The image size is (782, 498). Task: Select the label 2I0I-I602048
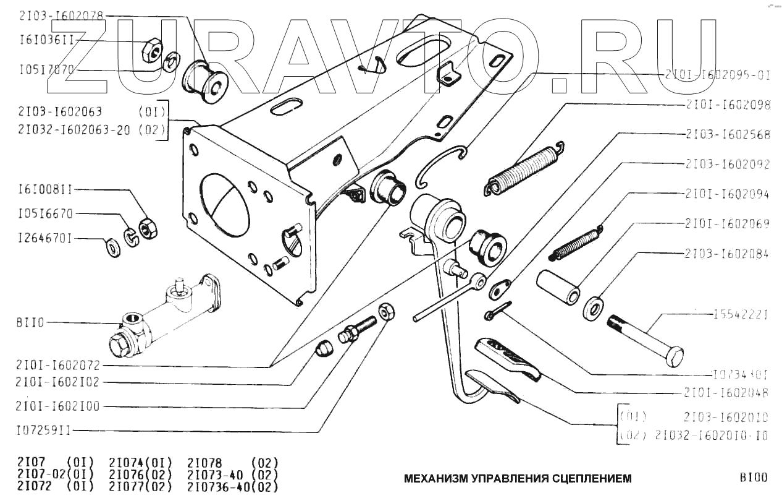726,392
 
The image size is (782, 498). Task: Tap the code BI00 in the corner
753,478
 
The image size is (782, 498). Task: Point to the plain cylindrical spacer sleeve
558,286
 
